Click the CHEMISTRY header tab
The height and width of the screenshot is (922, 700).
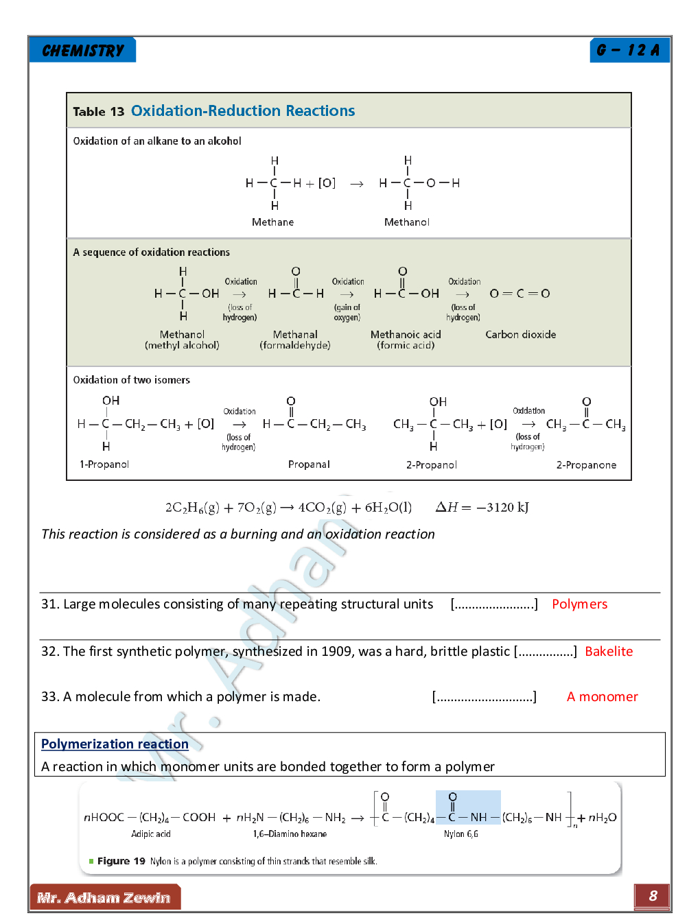[83, 50]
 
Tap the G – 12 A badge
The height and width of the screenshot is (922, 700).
[628, 50]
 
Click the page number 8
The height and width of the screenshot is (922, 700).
[653, 895]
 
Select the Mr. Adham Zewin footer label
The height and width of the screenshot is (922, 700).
[104, 897]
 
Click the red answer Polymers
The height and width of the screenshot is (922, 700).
[579, 604]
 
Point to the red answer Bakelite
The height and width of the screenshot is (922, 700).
[609, 652]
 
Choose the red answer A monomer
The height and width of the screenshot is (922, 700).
[602, 697]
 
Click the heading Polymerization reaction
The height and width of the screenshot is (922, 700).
[115, 744]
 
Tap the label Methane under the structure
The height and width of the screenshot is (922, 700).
[272, 222]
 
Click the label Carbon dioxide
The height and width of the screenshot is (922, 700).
[520, 335]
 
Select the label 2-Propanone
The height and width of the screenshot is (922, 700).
[586, 465]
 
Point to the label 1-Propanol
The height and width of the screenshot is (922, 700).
[104, 464]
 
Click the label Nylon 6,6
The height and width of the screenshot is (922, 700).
[460, 834]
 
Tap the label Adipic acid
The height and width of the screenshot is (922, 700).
[151, 834]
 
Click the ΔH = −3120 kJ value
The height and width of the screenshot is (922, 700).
[482, 508]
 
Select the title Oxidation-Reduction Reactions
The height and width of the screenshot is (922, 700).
[243, 111]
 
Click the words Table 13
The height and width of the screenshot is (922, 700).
[99, 112]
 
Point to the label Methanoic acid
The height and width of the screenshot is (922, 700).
[406, 335]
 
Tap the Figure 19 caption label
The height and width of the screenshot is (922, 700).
[121, 861]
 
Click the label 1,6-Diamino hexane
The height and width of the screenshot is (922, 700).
[290, 834]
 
